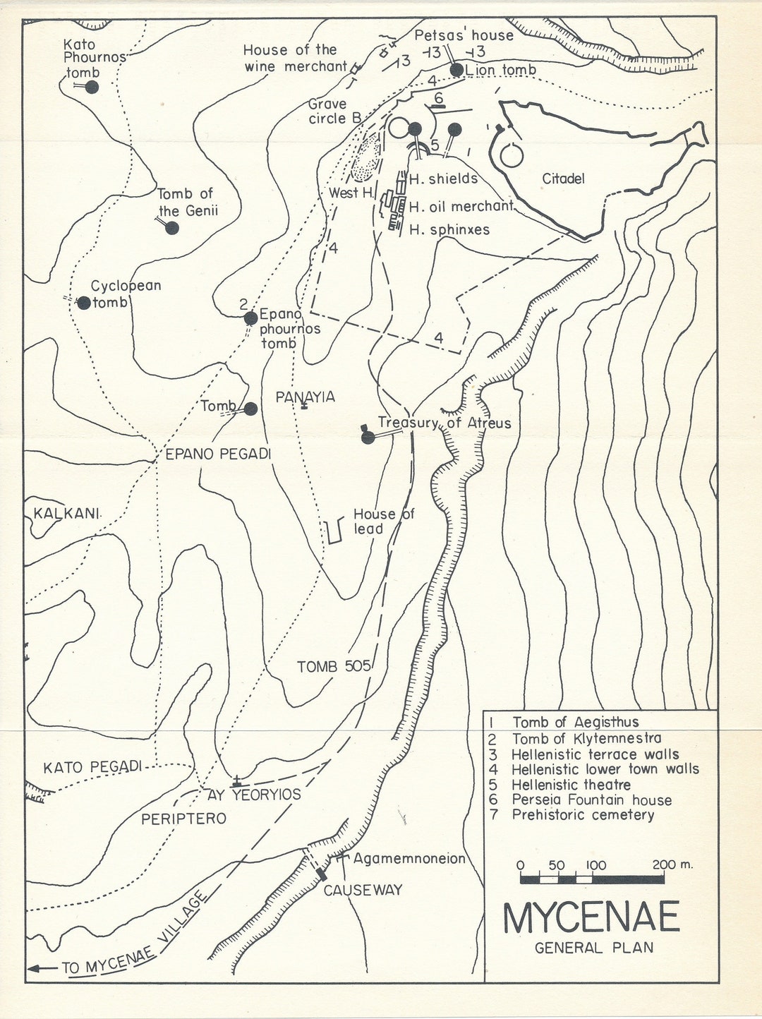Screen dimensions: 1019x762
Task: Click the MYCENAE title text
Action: click(591, 917)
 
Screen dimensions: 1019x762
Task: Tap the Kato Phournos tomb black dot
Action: click(92, 87)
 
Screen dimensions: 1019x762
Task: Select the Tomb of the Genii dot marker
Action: click(171, 228)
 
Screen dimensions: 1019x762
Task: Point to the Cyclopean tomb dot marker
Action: click(84, 303)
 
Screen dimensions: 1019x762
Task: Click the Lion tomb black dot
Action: click(456, 69)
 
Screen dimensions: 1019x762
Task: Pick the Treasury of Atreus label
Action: click(445, 423)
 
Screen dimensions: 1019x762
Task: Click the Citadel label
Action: click(563, 179)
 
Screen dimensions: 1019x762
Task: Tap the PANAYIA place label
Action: click(305, 397)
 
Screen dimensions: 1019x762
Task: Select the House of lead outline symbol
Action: click(335, 531)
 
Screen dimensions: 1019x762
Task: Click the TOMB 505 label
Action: click(334, 666)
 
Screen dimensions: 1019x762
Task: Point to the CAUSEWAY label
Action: click(363, 891)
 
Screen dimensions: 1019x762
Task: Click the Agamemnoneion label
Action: click(409, 859)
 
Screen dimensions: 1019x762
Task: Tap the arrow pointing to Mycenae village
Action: click(42, 968)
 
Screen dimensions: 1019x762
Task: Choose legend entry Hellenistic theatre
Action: click(571, 785)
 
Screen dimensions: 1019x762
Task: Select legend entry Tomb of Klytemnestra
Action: click(586, 738)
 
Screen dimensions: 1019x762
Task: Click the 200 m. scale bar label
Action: click(672, 864)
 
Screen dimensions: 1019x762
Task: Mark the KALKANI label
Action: click(66, 513)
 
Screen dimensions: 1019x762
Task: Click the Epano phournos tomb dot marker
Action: click(250, 318)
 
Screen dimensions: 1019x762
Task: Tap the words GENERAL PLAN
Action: click(594, 948)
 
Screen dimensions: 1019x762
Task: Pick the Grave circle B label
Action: click(334, 111)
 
